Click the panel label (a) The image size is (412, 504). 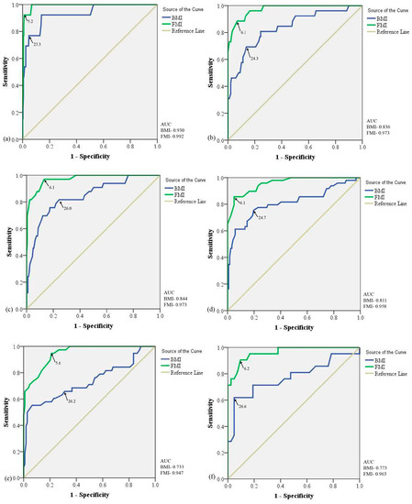click(7, 140)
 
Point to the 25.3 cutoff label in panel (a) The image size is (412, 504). click(37, 43)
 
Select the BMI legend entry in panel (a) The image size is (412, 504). click(179, 16)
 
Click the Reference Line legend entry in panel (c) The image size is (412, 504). click(191, 198)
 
